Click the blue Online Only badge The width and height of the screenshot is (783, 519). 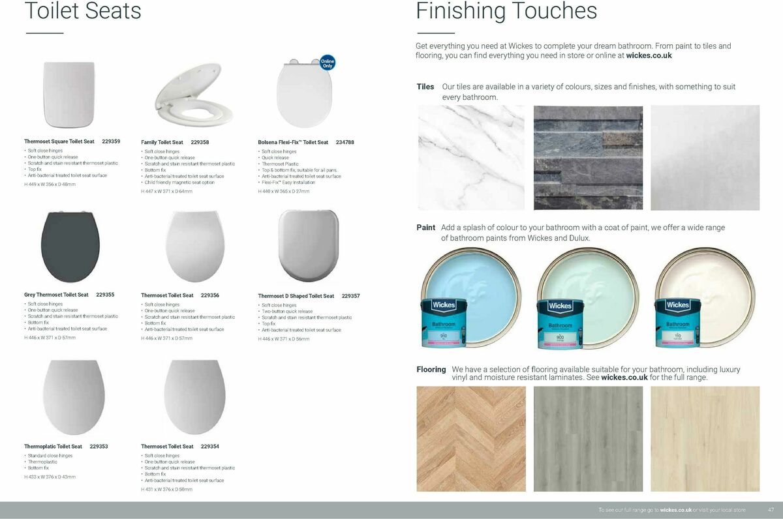(328, 63)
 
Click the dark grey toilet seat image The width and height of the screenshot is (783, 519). (70, 246)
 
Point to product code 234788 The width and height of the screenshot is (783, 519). (345, 142)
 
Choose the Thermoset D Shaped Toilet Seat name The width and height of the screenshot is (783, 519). (296, 296)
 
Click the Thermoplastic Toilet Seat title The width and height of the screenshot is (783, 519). (53, 447)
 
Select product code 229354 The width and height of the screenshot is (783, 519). (210, 447)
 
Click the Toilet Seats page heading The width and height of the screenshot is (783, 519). (82, 11)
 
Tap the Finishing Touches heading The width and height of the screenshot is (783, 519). (506, 11)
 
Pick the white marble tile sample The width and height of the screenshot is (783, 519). (470, 158)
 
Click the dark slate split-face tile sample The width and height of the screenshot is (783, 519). (588, 158)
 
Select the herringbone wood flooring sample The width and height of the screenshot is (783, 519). (470, 439)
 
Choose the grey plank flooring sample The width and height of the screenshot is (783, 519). (588, 439)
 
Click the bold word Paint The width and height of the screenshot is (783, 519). (425, 228)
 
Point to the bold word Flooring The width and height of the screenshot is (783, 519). (431, 370)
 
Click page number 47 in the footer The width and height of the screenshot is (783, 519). (771, 510)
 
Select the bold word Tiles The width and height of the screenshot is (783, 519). (425, 87)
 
